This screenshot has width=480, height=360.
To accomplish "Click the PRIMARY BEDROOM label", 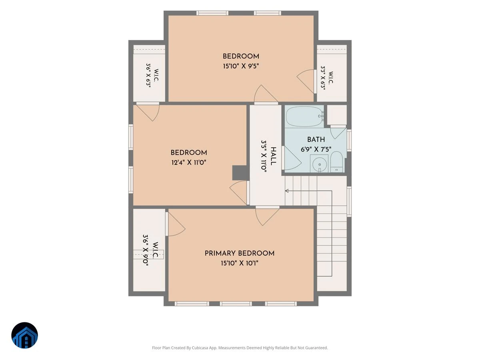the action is (240, 253).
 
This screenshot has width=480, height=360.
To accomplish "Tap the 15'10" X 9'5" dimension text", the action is (241, 66).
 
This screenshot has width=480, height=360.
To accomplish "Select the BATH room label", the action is (316, 140).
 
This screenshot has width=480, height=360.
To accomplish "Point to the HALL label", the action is (273, 156).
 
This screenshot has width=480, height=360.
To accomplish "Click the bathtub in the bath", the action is (305, 117).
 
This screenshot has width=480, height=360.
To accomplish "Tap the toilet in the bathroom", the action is (336, 162).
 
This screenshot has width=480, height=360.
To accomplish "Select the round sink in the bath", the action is (320, 164).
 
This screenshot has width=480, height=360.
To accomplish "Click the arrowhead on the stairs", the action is (287, 191).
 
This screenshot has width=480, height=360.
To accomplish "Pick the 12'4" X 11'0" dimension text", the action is (189, 162).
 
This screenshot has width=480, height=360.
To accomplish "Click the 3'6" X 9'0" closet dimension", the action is (146, 250).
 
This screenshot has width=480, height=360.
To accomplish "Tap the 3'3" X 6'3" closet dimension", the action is (323, 78).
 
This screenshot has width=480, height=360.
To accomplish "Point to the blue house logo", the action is (24, 335).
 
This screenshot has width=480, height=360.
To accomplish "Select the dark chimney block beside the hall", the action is (240, 173).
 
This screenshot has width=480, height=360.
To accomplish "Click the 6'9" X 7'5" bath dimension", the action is (316, 149).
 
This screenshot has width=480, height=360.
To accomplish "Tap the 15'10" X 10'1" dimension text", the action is (240, 263).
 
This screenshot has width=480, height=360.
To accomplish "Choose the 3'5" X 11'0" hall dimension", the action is (264, 156).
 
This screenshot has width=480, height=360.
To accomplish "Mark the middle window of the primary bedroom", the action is (236, 304).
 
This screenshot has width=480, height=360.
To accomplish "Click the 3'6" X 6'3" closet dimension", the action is (148, 76).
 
